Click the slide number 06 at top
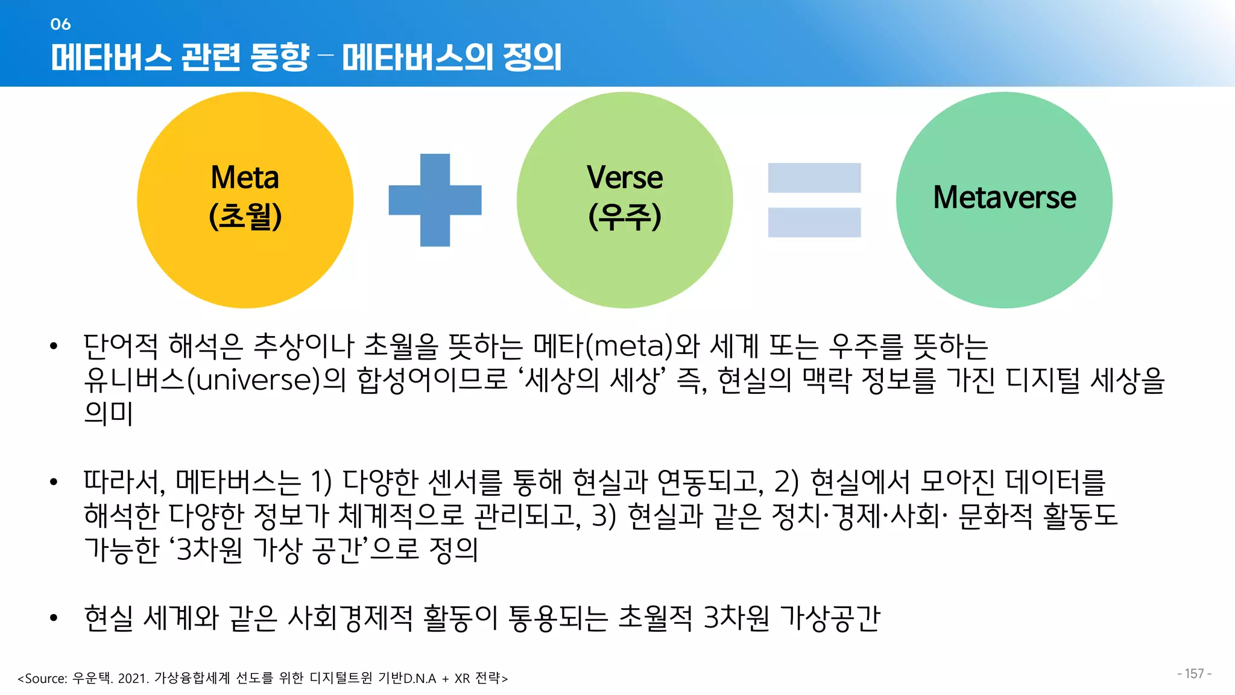pos(60,24)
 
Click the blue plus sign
pos(435,200)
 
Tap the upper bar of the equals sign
pos(814,178)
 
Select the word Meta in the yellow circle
pos(245,178)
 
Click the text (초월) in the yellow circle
pos(245,216)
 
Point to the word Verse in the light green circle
pos(625,178)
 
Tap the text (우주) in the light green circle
pos(625,216)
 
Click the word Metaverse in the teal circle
pos(1005,197)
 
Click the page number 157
pos(1194,674)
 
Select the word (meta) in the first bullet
pos(630,346)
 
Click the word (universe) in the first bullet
pos(254,380)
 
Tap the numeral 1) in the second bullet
pos(321,481)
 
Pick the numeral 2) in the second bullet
pos(786,481)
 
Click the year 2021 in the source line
pos(133,679)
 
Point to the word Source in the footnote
pos(46,679)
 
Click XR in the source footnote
pos(463,679)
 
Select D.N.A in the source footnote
pos(420,679)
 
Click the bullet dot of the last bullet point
pos(54,618)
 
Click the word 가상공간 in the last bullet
pos(830,618)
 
